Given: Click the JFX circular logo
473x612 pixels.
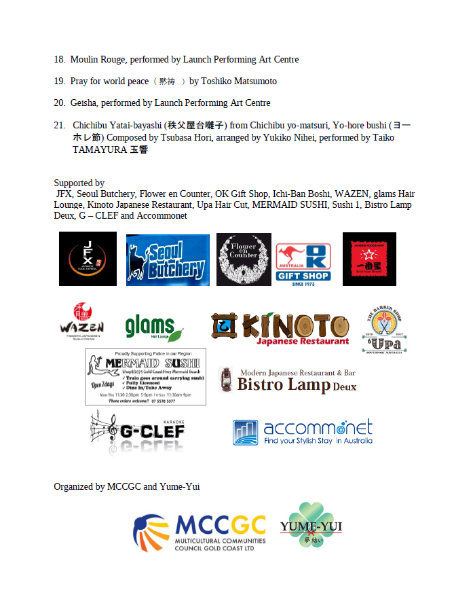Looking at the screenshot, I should pyautogui.click(x=88, y=259).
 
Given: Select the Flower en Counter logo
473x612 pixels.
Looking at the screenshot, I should pyautogui.click(x=244, y=259).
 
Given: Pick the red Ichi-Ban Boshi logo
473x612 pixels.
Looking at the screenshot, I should pyautogui.click(x=369, y=259).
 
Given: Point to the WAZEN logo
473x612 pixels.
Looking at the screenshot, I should pyautogui.click(x=81, y=322).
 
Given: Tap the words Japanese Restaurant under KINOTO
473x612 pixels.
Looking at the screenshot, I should pyautogui.click(x=303, y=341).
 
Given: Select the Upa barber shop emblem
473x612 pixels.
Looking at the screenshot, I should pyautogui.click(x=384, y=329).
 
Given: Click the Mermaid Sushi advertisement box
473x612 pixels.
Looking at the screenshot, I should pyautogui.click(x=145, y=377).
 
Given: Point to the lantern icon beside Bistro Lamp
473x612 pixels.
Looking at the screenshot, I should pyautogui.click(x=227, y=380).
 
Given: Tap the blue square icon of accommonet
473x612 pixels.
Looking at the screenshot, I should pyautogui.click(x=245, y=432).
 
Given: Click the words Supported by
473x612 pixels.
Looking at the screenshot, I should pyautogui.click(x=79, y=183).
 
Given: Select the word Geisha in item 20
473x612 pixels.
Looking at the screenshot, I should pyautogui.click(x=84, y=103).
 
